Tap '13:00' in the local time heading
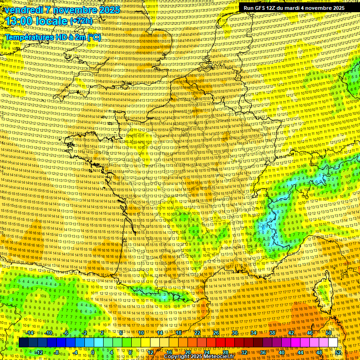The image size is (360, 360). [x=18, y=22]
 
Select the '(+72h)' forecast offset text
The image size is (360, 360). [x=82, y=22]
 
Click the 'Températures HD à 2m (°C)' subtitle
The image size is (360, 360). [x=52, y=37]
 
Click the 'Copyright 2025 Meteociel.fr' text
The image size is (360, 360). [x=199, y=357]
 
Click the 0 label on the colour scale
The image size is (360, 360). [x=93, y=352]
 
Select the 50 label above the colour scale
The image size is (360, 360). [x=329, y=333]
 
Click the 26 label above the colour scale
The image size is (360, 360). [x=216, y=333]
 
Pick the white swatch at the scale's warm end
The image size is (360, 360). [x=333, y=343]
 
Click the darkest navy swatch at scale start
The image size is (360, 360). [x=23, y=343]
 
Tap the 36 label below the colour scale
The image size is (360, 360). [x=263, y=352]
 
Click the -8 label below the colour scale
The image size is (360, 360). [x=57, y=352]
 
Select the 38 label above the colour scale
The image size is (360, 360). [x=272, y=333]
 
